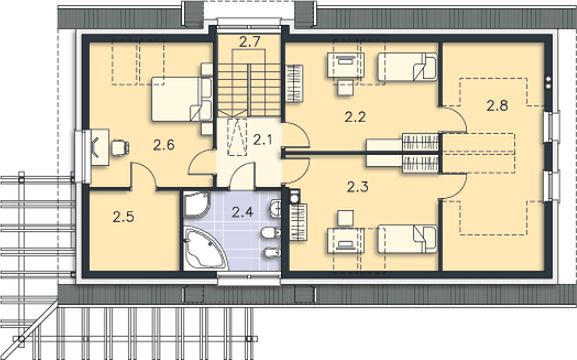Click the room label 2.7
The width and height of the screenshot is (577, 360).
[250, 42]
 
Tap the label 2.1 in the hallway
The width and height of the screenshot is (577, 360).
[262, 140]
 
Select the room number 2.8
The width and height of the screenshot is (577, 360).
[497, 106]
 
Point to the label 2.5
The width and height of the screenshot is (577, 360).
[123, 217]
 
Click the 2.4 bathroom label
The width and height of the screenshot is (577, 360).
[243, 212]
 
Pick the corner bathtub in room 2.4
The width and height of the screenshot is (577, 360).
[205, 248]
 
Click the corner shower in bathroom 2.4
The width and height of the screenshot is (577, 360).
[197, 204]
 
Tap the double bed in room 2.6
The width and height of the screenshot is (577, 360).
[182, 99]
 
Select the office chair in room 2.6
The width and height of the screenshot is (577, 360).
[120, 148]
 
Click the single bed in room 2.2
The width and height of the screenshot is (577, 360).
[407, 67]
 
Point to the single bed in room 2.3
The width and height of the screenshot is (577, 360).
[407, 239]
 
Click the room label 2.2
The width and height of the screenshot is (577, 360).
[355, 117]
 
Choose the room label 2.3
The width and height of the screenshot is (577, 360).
[358, 187]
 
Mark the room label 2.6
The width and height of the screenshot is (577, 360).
[164, 145]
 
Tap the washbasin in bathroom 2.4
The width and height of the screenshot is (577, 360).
[276, 208]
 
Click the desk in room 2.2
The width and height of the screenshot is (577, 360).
[346, 66]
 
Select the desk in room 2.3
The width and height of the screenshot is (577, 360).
[346, 241]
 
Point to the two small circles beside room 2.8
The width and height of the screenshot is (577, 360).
[548, 82]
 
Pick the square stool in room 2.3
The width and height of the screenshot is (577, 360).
[346, 218]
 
